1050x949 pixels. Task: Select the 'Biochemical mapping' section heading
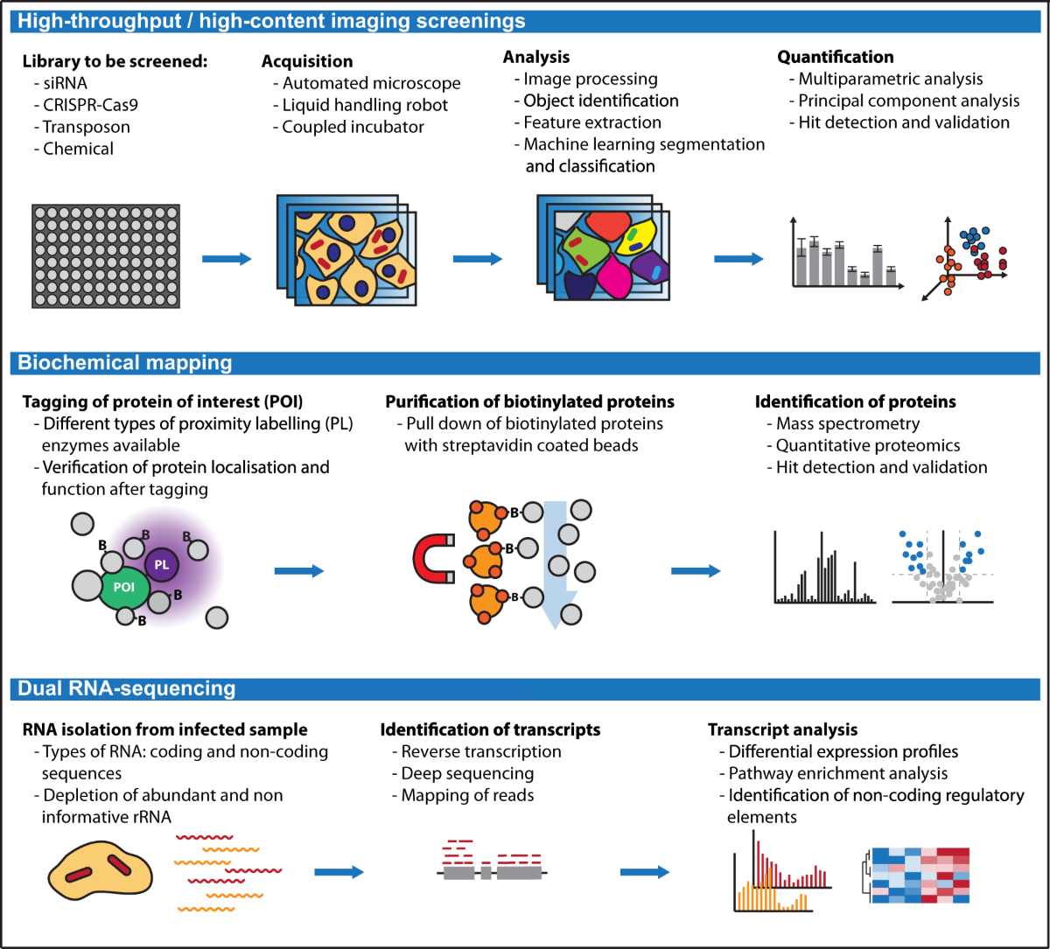pyautogui.click(x=125, y=362)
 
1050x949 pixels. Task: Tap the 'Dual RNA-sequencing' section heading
pyautogui.click(x=127, y=688)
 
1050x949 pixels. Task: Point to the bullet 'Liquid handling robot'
pyautogui.click(x=365, y=105)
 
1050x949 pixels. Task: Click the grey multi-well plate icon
pyautogui.click(x=106, y=255)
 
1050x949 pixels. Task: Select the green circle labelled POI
pyautogui.click(x=124, y=587)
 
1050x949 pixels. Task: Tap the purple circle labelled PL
pyautogui.click(x=162, y=565)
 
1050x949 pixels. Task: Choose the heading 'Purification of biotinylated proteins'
pyautogui.click(x=529, y=401)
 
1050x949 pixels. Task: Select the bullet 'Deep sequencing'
pyautogui.click(x=467, y=773)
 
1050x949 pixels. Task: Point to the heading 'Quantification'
pyautogui.click(x=836, y=57)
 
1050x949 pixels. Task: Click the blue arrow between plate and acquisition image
pyautogui.click(x=227, y=258)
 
